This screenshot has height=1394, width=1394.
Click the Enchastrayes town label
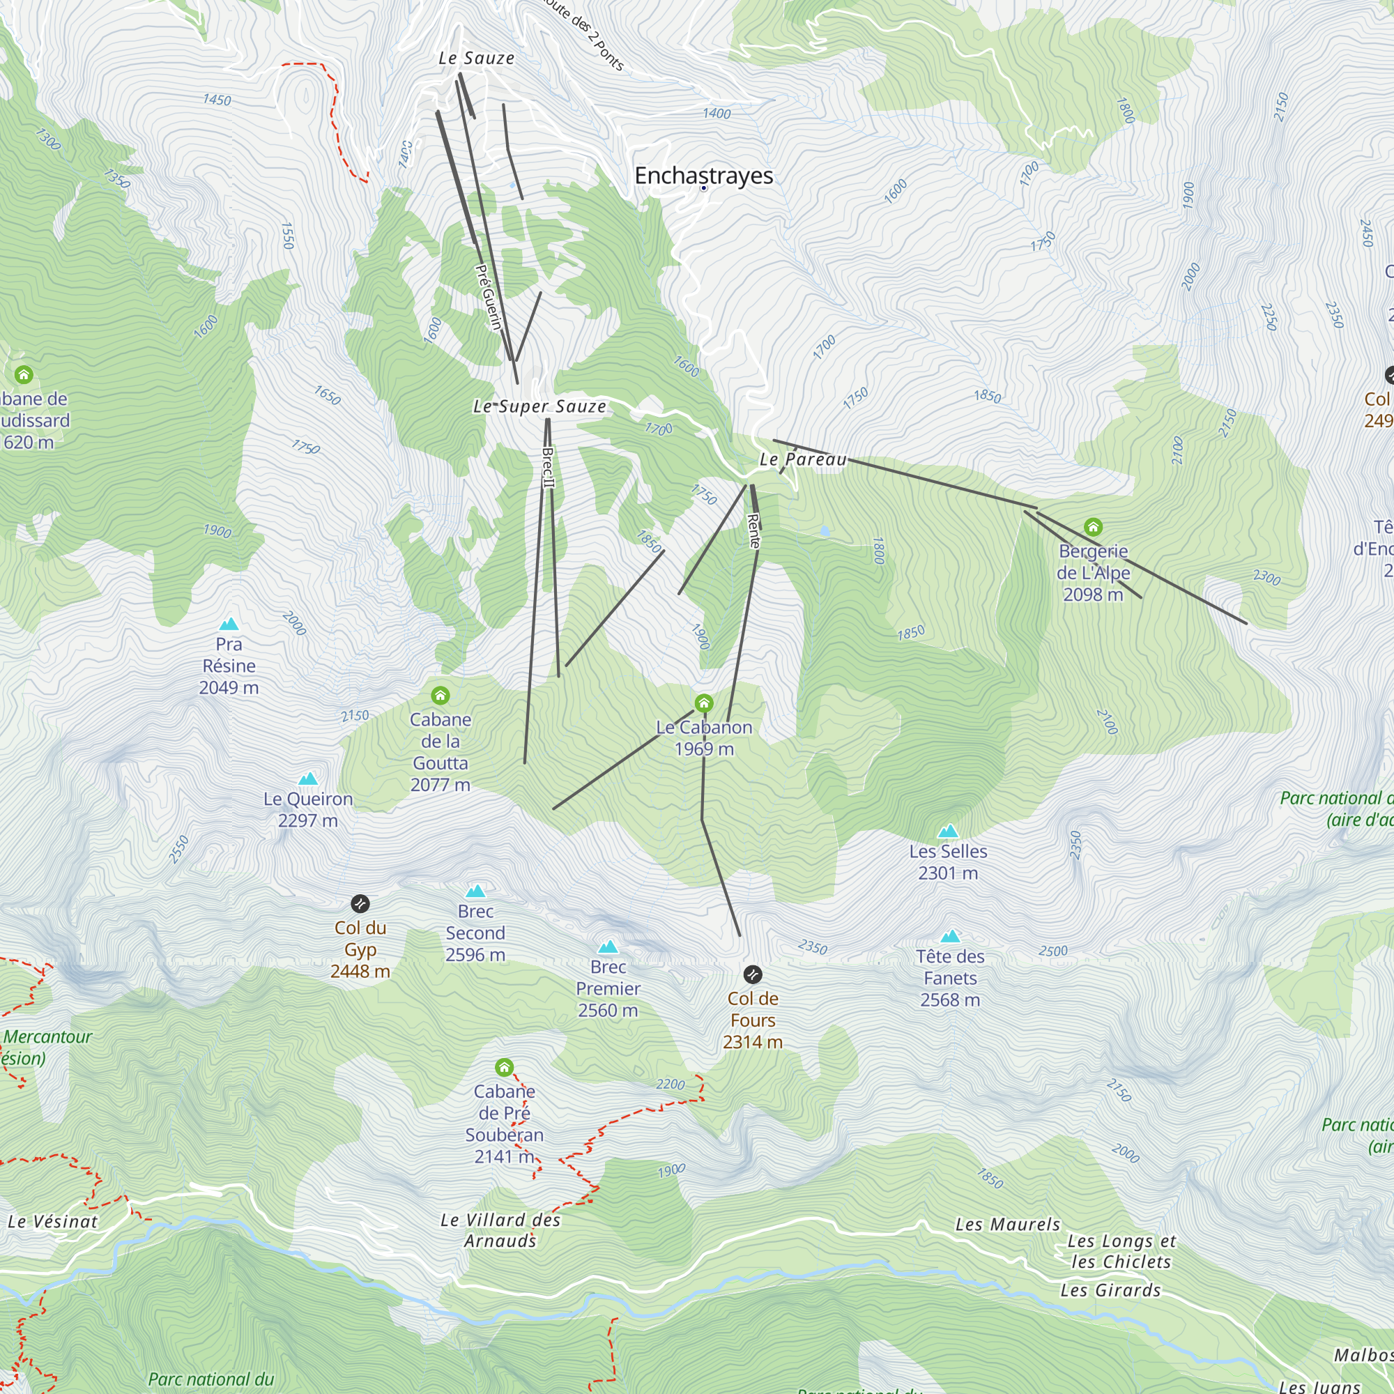tap(703, 176)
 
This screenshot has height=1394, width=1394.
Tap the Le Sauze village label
tap(476, 59)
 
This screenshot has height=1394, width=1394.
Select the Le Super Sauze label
tap(539, 407)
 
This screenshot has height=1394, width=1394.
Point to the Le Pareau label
tap(802, 459)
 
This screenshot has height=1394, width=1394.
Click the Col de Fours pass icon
tap(753, 975)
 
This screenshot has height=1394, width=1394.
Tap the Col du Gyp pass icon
tap(360, 903)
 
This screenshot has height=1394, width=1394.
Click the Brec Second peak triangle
tap(475, 891)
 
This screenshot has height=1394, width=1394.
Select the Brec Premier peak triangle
tap(608, 947)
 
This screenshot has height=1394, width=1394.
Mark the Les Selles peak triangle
tap(947, 832)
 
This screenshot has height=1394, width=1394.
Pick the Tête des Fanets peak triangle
tap(950, 937)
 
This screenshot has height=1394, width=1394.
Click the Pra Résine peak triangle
tap(229, 624)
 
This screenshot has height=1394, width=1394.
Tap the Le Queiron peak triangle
tap(308, 779)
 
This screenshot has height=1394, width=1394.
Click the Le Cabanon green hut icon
tap(703, 703)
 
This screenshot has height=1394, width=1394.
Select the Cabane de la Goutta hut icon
tap(440, 696)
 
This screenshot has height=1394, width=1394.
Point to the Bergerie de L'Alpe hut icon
tap(1093, 527)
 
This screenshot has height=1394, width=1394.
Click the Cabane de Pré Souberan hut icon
tap(505, 1067)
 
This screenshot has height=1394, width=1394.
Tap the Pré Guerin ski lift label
tap(489, 298)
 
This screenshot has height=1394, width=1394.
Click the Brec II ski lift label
tap(549, 468)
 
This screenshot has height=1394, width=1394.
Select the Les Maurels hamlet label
tap(1007, 1225)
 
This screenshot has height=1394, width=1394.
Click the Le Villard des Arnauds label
tap(500, 1230)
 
